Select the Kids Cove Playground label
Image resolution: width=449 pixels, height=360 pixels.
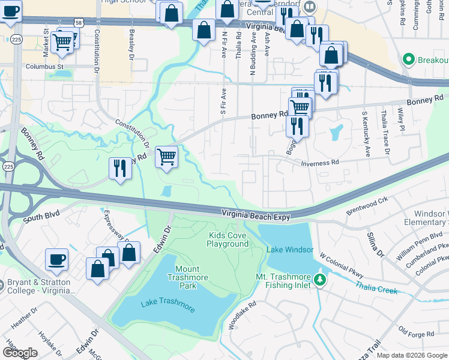click(x=228, y=239)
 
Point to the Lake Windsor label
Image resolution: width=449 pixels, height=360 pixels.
click(x=290, y=250)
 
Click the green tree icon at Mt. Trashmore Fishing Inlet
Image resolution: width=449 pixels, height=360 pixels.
click(x=320, y=280)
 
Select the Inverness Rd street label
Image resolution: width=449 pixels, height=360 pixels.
click(x=320, y=163)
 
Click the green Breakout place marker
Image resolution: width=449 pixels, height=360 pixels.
click(x=409, y=59)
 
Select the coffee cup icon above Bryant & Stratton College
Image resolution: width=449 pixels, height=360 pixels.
click(x=57, y=259)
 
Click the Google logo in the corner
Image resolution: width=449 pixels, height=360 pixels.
click(x=19, y=353)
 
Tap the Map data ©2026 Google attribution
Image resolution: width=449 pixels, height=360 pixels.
click(x=411, y=355)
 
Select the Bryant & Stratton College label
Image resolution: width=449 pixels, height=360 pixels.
click(x=38, y=286)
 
